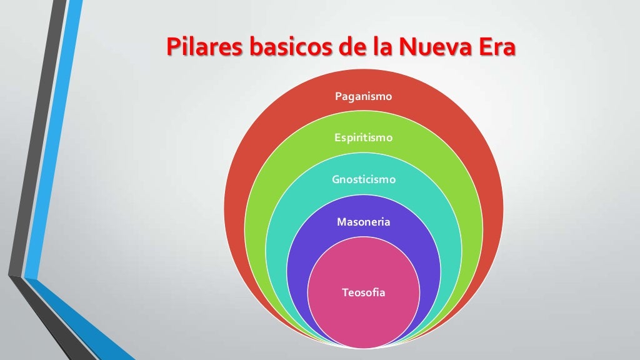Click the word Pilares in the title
click(x=202, y=47)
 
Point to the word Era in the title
click(x=495, y=47)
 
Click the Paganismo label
click(x=363, y=96)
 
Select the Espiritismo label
click(x=363, y=137)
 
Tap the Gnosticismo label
click(x=363, y=179)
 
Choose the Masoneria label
click(x=363, y=222)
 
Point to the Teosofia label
click(x=363, y=292)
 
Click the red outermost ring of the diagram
click(x=250, y=187)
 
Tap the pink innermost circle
click(x=363, y=319)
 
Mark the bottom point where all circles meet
click(x=363, y=347)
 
